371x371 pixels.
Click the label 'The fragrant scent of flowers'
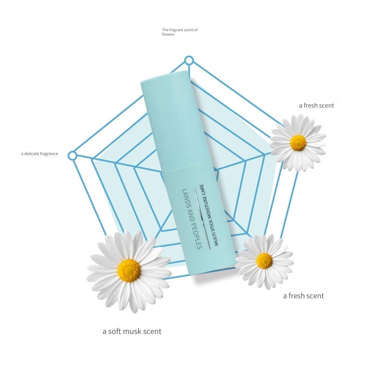(180, 32)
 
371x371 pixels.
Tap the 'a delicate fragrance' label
(40, 154)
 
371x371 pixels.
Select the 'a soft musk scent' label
(132, 331)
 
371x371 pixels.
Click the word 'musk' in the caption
(130, 331)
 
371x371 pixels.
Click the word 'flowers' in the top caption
(168, 34)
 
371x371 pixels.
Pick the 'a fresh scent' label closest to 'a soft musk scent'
(303, 296)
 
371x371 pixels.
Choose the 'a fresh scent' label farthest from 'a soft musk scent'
(316, 105)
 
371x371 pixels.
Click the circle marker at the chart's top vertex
(189, 60)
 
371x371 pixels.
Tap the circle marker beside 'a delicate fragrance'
(72, 156)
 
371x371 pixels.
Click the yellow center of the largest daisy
(129, 270)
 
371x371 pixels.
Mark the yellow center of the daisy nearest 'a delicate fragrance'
(129, 270)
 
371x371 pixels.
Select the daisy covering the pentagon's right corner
(298, 143)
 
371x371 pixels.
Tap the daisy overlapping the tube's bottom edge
(264, 261)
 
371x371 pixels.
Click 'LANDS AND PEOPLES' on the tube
(192, 219)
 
